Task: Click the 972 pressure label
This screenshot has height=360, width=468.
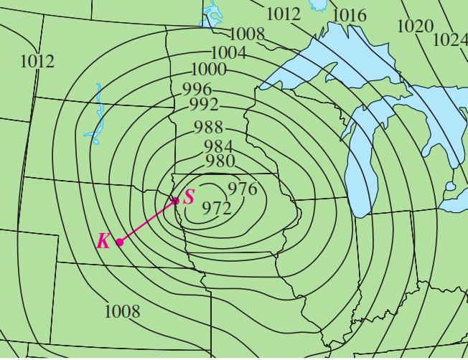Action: click(216, 208)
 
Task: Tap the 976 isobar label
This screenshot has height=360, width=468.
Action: click(242, 189)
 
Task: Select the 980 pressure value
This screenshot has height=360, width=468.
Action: click(220, 161)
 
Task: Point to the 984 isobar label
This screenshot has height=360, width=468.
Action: click(217, 146)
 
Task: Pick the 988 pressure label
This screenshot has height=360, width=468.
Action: click(208, 128)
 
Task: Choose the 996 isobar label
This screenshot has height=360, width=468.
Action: click(197, 90)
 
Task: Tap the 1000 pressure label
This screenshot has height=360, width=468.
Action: click(209, 70)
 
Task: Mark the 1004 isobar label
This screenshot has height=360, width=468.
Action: click(228, 52)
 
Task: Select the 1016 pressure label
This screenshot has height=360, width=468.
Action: click(350, 16)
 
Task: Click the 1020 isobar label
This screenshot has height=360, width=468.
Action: click(415, 27)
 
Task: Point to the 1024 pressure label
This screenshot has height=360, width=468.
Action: click(450, 39)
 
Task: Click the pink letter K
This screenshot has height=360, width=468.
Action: click(103, 241)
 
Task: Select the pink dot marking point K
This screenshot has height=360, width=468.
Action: click(120, 242)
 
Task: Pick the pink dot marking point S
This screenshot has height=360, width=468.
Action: click(175, 201)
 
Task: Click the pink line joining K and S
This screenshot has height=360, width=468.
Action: click(147, 222)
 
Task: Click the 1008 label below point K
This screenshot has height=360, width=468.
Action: click(122, 311)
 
